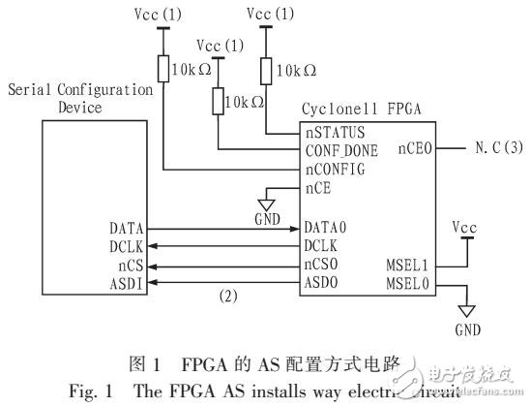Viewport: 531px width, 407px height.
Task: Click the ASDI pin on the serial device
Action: point(129,284)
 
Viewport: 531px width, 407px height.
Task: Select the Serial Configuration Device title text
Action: point(79,98)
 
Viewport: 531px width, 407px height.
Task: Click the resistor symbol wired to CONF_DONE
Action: point(218,100)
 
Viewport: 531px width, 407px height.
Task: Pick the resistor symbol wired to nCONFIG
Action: point(164,70)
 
